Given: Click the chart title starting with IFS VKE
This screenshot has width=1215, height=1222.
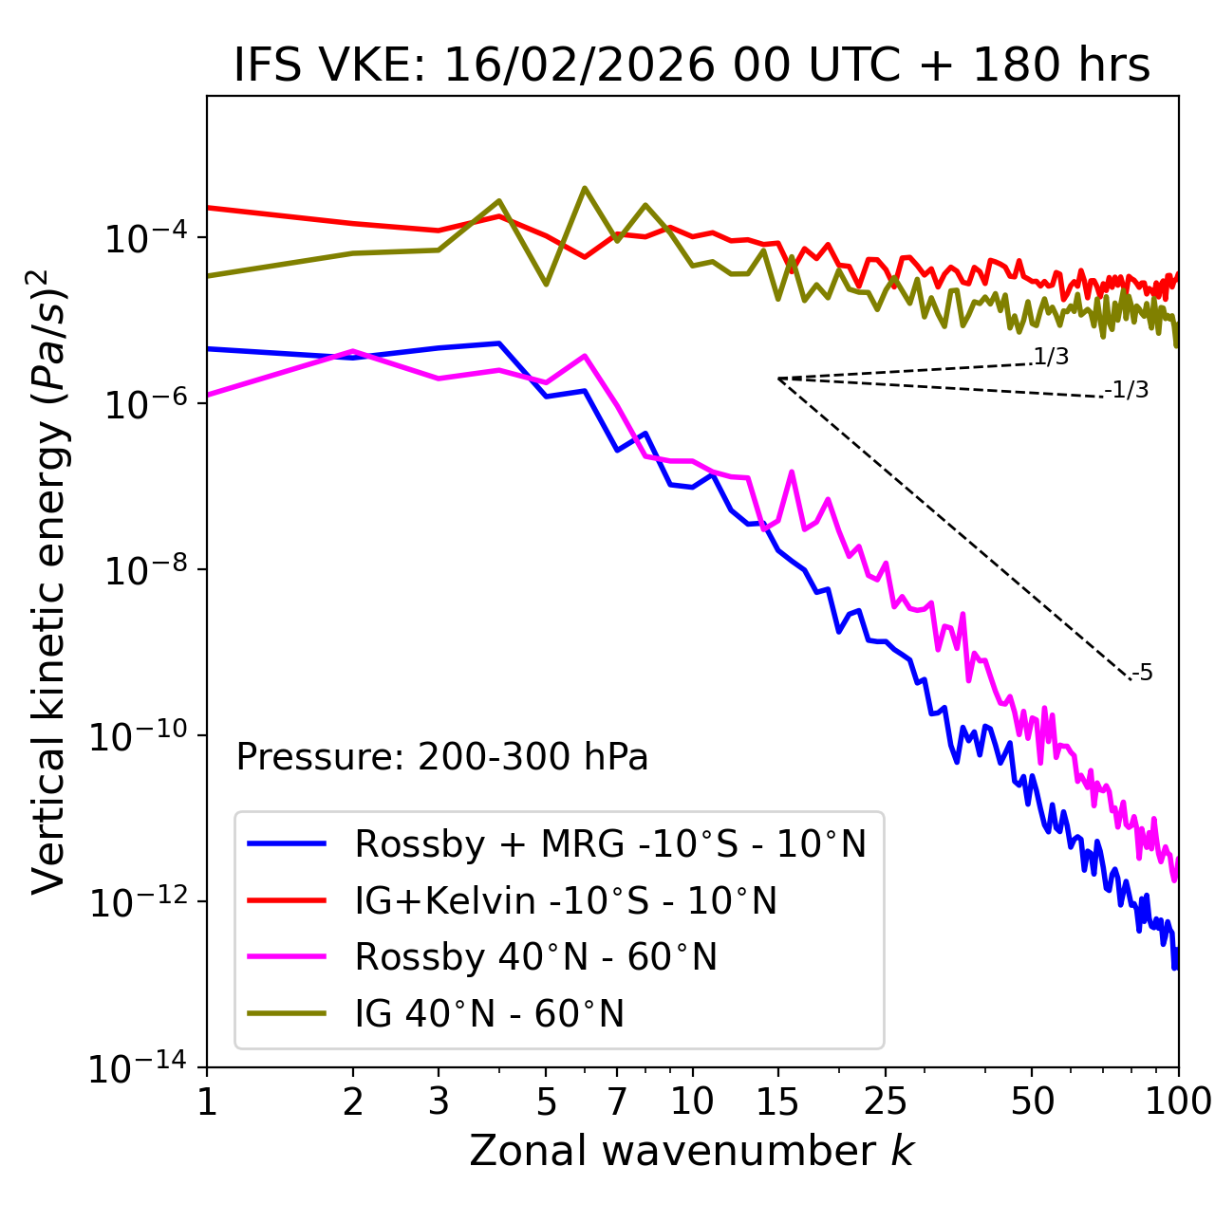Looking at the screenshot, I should tap(691, 65).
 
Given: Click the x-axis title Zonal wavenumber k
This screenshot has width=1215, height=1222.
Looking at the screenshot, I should tap(691, 1150).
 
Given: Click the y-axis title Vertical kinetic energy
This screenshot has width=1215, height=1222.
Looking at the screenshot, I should tap(49, 580).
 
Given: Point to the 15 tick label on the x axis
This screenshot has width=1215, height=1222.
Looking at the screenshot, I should tap(777, 1102).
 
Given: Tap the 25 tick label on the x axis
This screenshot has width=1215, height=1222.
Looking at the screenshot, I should tap(886, 1102).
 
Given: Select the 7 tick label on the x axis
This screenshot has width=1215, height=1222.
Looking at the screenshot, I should tap(617, 1102).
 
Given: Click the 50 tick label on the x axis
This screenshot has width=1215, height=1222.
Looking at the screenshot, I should tap(1032, 1102).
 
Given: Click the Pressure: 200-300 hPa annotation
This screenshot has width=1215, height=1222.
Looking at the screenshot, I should tap(441, 757).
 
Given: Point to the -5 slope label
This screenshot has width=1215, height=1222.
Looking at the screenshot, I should tap(1142, 673).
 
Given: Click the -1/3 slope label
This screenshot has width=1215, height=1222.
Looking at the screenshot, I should tap(1127, 389).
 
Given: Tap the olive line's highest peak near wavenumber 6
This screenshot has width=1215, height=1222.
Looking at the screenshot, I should tap(585, 188).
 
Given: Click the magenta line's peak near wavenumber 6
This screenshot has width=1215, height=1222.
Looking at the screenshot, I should tap(585, 356).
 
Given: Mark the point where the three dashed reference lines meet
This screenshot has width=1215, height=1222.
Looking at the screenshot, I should tap(778, 379).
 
